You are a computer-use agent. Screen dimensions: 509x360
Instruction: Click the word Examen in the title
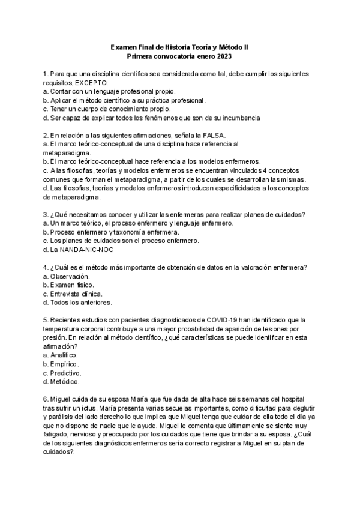pos(124,47)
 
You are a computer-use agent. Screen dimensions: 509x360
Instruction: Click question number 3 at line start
pos(46,215)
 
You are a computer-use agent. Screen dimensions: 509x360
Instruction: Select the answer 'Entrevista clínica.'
pos(76,294)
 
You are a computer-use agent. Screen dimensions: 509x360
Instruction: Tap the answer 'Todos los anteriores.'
pos(81,302)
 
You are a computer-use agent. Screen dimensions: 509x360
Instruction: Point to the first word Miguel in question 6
pos(62,399)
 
